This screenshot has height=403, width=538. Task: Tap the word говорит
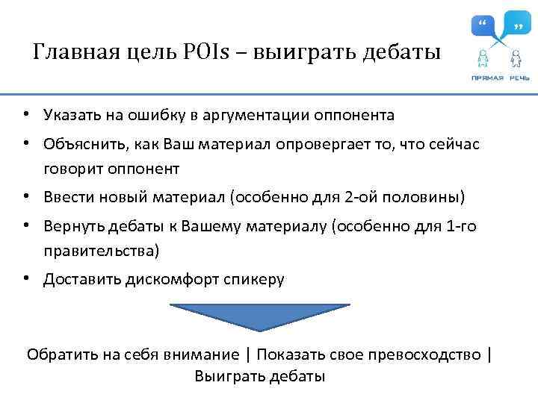coord(70,169)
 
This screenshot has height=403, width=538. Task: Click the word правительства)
coord(101,251)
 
